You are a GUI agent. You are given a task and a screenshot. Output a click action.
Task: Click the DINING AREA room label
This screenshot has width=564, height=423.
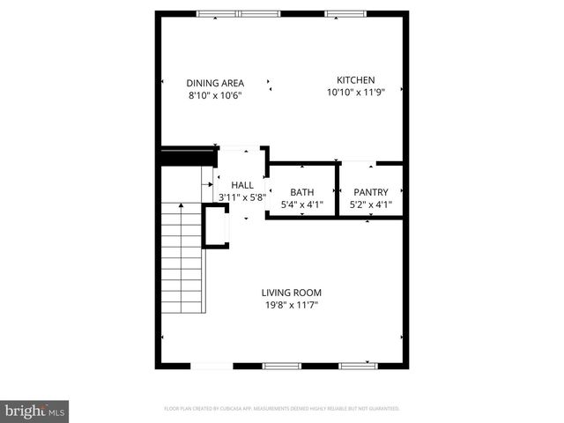215,83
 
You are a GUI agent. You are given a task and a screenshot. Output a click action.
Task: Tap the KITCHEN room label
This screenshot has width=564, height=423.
356,78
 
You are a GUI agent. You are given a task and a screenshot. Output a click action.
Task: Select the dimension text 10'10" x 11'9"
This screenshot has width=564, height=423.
356,92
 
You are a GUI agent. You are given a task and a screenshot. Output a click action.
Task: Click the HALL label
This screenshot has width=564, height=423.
242,185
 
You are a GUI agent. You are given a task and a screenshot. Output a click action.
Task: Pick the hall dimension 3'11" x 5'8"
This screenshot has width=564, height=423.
236,198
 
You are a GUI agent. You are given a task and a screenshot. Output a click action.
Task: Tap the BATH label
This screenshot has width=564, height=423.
302,192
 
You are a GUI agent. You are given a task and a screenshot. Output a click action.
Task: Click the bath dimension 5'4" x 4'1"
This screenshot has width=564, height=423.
302,205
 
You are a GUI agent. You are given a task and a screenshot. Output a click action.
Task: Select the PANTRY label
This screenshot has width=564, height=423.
371,192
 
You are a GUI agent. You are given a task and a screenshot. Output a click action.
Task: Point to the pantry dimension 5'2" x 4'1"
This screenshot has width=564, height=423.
371,205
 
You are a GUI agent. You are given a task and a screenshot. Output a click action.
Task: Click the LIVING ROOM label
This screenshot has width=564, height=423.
291,293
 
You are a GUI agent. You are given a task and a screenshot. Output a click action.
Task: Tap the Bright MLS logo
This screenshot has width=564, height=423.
35,411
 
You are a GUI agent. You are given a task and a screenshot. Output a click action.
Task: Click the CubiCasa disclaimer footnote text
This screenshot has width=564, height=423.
282,409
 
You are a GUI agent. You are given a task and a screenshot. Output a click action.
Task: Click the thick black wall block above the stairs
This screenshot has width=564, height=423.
188,156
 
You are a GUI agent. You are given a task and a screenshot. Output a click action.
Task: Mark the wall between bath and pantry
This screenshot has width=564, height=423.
338,190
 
